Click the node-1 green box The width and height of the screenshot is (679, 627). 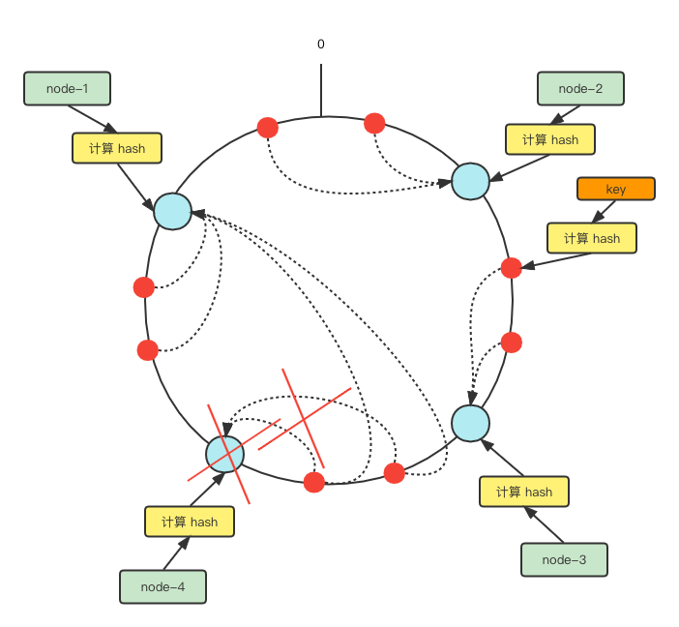[67, 89]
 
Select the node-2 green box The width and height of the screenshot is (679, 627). [580, 89]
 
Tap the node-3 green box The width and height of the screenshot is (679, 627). [564, 559]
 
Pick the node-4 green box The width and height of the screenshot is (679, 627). [162, 586]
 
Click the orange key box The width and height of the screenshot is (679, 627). [615, 189]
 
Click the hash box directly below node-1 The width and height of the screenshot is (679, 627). [116, 148]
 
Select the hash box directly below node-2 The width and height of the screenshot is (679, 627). [549, 139]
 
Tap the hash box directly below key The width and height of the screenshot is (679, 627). [591, 238]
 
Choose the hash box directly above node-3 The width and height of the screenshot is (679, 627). [523, 492]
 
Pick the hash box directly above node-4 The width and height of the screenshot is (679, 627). [189, 522]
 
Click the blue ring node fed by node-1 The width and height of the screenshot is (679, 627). [173, 211]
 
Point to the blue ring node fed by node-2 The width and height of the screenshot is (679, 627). [470, 181]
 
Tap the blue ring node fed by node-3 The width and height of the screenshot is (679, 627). [470, 424]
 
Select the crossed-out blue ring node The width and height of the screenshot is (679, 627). [225, 453]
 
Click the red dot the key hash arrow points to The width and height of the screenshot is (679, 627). [512, 268]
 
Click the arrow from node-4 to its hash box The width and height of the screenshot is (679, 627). [177, 553]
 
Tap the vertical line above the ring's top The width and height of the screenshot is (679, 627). [321, 90]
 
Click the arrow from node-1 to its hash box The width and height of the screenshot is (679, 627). [94, 118]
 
